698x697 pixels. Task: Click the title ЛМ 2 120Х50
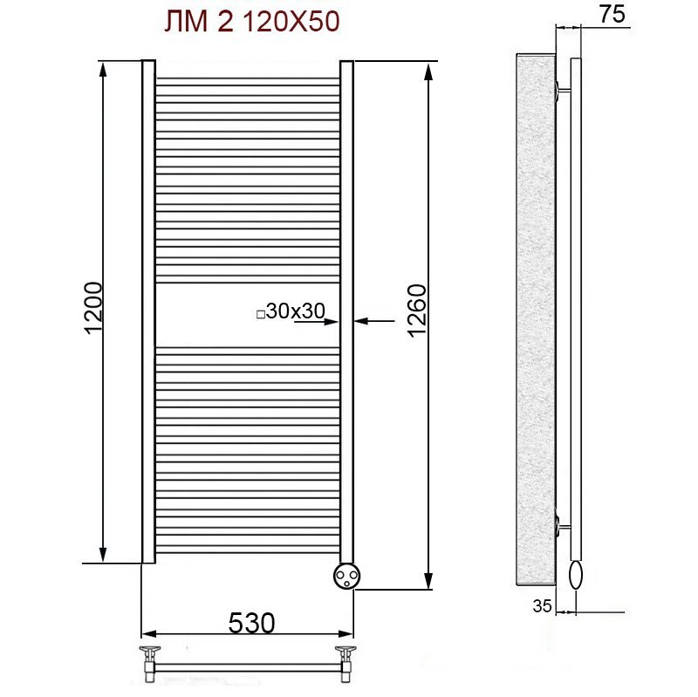[252, 21]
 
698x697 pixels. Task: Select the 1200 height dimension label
[93, 308]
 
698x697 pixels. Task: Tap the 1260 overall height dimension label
[417, 311]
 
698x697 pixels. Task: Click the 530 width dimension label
[251, 623]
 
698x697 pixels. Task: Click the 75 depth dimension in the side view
[612, 14]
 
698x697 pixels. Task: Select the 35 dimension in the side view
[542, 605]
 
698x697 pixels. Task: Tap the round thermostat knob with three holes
[346, 576]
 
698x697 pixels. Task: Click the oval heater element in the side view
[576, 575]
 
